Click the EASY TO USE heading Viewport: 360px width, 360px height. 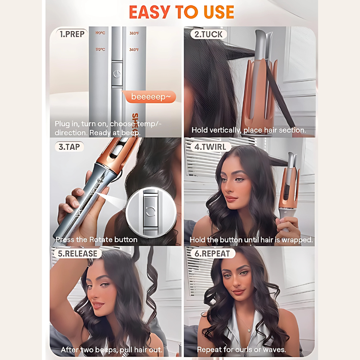point(182,12)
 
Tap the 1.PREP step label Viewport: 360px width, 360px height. point(72,34)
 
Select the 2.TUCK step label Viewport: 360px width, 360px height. point(209,34)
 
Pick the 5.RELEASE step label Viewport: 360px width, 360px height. point(77,253)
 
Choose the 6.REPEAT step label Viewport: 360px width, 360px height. point(212,253)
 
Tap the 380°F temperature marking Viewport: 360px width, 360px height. point(134,33)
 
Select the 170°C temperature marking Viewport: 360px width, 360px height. point(100,50)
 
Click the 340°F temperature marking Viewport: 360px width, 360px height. point(134,50)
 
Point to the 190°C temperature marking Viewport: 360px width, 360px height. point(100,33)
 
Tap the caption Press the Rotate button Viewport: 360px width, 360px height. point(96,240)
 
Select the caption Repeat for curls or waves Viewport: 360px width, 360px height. point(241,350)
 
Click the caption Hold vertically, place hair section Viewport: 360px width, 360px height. point(249,130)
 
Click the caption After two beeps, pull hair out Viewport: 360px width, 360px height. point(111,350)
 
